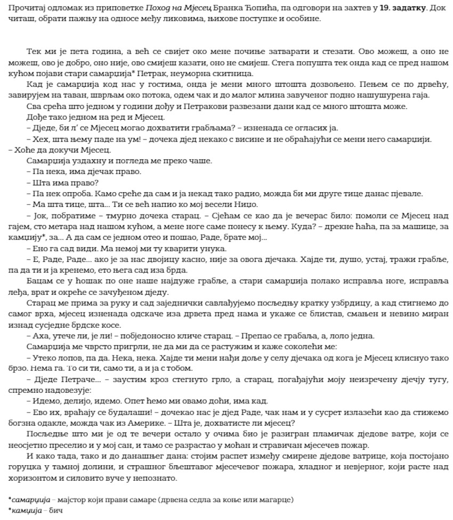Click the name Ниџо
(x=246, y=204)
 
